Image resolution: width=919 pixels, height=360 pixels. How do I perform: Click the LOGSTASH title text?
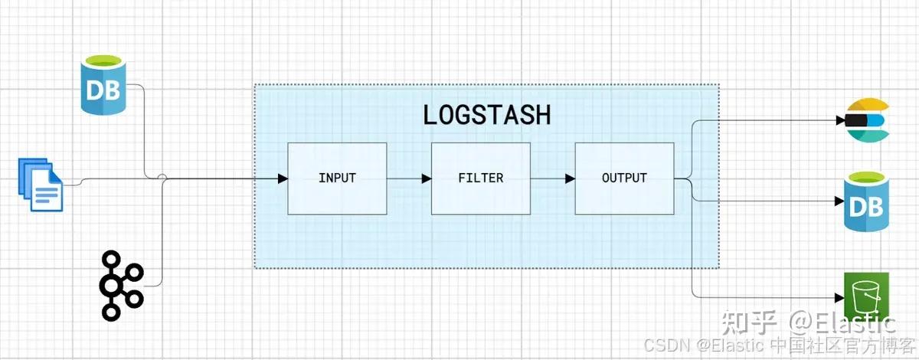pos(486,114)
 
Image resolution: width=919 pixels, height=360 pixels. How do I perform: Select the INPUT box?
pos(337,178)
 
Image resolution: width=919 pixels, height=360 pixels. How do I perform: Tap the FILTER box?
pos(481,178)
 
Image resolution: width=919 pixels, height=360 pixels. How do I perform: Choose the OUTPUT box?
pos(624,178)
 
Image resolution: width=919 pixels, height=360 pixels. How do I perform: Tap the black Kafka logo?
pos(121,284)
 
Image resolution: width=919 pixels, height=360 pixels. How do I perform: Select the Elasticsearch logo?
pos(867,120)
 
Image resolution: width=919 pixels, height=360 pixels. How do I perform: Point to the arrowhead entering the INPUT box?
pos(283,178)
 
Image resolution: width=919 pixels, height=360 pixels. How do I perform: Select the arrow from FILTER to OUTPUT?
pos(552,178)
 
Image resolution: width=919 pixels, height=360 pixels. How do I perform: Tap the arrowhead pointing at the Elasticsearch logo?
pos(838,120)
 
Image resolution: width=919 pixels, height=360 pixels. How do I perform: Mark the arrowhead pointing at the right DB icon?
pos(838,203)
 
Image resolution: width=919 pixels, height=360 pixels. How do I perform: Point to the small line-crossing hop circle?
pos(162,178)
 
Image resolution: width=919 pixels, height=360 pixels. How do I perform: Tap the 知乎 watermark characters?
pos(753,322)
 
